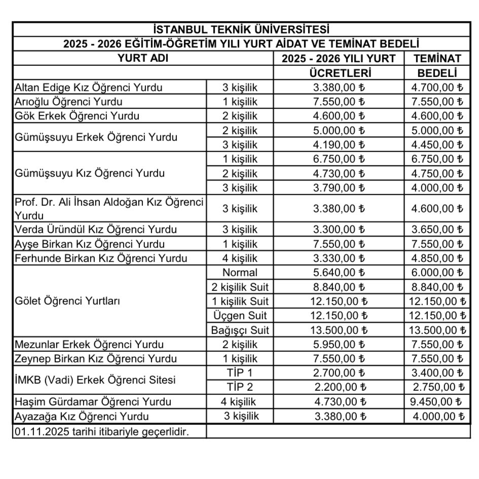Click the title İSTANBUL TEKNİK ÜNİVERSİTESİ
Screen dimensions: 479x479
pos(241,29)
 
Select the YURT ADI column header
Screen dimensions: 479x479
pos(142,58)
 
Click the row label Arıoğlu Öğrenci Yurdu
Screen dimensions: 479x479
pos(68,101)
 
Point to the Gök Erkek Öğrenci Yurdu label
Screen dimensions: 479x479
pos(77,116)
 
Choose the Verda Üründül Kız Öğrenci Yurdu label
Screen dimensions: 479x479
pos(96,229)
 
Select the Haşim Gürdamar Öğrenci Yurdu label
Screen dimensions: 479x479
pos(93,402)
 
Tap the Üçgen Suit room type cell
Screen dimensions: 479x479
pos(240,316)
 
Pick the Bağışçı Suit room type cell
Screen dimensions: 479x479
pos(240,330)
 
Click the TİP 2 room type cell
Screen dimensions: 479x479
pos(240,388)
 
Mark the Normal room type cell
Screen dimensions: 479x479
pos(240,273)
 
